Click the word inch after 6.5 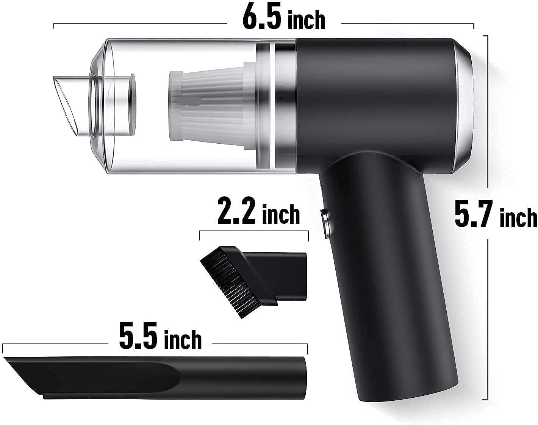[306, 20]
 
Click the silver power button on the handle [325, 224]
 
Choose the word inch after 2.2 [280, 215]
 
